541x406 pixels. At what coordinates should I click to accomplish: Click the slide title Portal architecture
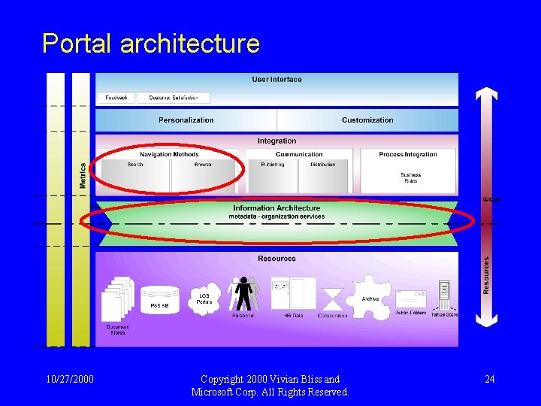click(x=151, y=44)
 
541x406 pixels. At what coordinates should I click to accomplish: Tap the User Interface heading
click(x=277, y=80)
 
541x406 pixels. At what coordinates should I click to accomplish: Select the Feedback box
click(x=116, y=98)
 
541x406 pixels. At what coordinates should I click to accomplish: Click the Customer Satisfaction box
click(x=173, y=98)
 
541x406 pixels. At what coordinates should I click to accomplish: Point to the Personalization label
click(x=186, y=120)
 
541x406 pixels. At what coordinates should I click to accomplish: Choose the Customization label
click(x=367, y=120)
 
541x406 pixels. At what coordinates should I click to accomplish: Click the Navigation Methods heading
click(x=169, y=155)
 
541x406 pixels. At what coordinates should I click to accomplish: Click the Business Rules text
click(x=410, y=177)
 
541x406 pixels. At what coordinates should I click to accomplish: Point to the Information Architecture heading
click(x=277, y=208)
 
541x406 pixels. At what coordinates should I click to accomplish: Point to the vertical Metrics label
click(x=83, y=177)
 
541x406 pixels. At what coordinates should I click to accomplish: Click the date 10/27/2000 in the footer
click(x=69, y=379)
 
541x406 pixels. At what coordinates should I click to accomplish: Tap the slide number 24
click(x=489, y=379)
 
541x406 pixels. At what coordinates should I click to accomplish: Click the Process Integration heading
click(x=407, y=155)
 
